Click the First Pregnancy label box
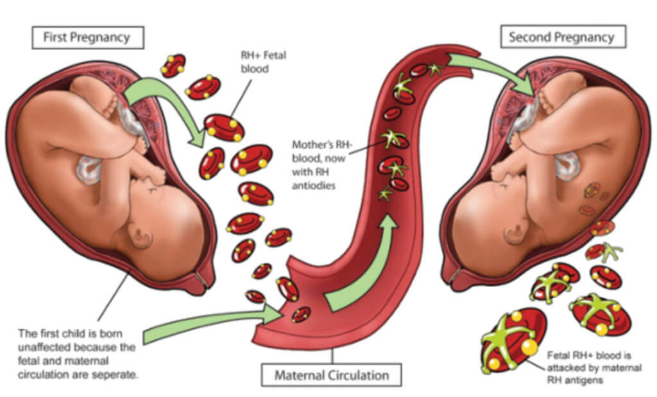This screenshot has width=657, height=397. (x=87, y=37)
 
